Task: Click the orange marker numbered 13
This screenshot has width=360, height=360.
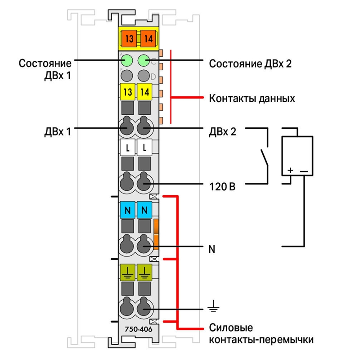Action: (129, 38)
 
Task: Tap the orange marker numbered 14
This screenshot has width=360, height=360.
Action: (148, 38)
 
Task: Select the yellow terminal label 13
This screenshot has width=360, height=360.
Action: (128, 92)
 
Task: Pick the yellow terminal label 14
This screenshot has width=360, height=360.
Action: (144, 92)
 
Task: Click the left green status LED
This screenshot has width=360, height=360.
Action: (127, 61)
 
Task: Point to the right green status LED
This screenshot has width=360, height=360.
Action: (144, 61)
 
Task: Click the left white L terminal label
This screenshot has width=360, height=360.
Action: (128, 148)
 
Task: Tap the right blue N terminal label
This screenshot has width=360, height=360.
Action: (144, 210)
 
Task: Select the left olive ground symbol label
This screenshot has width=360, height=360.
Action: (128, 272)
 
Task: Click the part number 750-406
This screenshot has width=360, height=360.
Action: (139, 329)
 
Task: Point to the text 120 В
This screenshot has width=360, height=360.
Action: (222, 187)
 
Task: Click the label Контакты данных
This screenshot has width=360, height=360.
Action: (252, 98)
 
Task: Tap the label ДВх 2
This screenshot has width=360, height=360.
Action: (222, 132)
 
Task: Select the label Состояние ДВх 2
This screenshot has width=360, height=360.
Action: (250, 63)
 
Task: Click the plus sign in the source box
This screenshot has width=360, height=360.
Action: (290, 171)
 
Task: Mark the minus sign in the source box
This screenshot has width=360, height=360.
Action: (304, 171)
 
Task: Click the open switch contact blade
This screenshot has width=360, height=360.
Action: (264, 157)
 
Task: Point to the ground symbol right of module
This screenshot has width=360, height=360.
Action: (213, 306)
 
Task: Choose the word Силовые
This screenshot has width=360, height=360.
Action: (231, 328)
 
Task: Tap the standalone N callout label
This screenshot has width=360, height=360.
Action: (211, 249)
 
